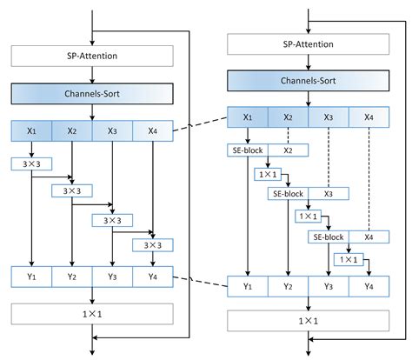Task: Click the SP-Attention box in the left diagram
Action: click(x=92, y=56)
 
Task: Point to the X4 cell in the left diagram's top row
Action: click(x=154, y=131)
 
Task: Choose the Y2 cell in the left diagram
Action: click(x=71, y=277)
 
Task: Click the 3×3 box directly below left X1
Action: click(x=30, y=163)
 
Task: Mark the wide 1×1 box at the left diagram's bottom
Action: click(x=92, y=312)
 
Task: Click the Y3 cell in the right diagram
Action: click(x=329, y=285)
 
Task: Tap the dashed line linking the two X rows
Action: click(x=200, y=123)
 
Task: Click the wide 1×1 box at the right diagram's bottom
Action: click(x=308, y=319)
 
